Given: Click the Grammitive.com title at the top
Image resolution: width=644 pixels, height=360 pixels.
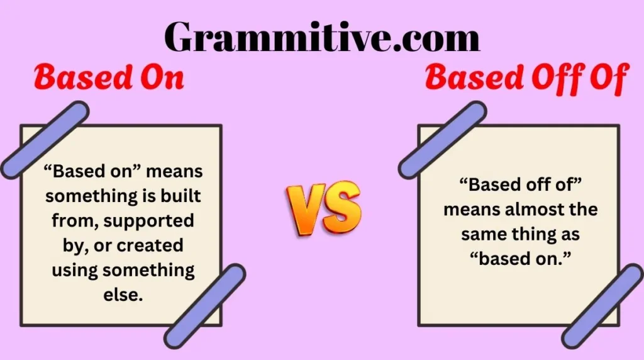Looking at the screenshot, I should [x=322, y=36].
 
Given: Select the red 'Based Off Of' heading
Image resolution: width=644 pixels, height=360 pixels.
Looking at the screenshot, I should [x=526, y=79].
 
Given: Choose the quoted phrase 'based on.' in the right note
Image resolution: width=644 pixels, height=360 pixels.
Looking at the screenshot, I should [x=519, y=259].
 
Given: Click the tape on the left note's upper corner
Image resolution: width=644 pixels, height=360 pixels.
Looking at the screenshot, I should [x=45, y=139].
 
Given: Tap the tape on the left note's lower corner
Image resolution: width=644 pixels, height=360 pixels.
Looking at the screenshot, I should [x=204, y=305].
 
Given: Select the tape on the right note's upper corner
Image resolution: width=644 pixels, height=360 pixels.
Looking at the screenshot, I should [x=442, y=139].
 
